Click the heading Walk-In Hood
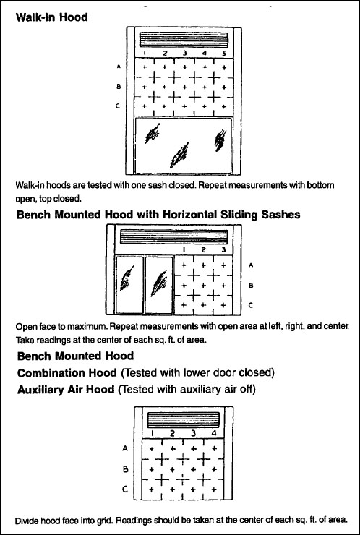point(51,17)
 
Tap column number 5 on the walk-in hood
point(224,54)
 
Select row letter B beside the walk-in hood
point(119,87)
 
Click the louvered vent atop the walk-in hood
point(184,40)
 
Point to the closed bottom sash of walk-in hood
point(184,146)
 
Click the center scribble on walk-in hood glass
point(180,155)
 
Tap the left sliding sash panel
point(129,285)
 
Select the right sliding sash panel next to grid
point(159,285)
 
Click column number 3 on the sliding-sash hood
point(223,249)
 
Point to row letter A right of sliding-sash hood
point(251,265)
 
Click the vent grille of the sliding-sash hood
point(174,237)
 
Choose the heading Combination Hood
point(67,373)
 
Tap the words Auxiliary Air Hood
point(66,390)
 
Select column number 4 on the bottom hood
point(214,433)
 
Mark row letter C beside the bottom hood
point(125,489)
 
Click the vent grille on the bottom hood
point(184,420)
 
